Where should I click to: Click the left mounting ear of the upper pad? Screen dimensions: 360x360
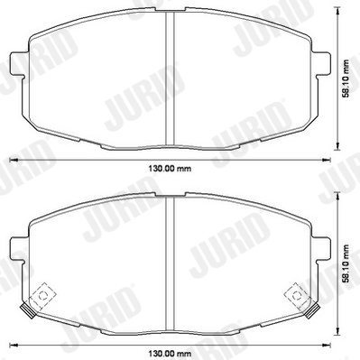pyautogui.click(x=16, y=65)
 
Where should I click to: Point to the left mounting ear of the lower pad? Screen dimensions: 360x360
pyautogui.click(x=16, y=250)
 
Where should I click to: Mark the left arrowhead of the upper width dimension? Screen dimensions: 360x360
pyautogui.click(x=12, y=161)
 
